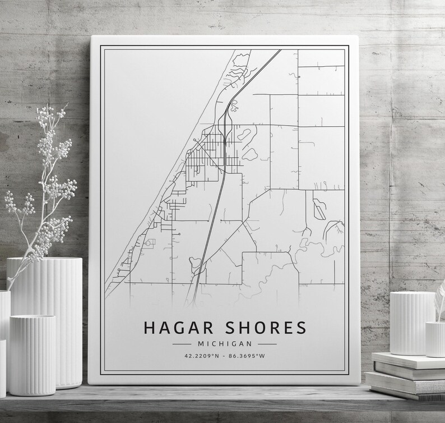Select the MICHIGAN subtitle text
tap(224, 343)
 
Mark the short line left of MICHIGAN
tap(182, 343)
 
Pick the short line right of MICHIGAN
tap(267, 343)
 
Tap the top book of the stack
tap(408, 360)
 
